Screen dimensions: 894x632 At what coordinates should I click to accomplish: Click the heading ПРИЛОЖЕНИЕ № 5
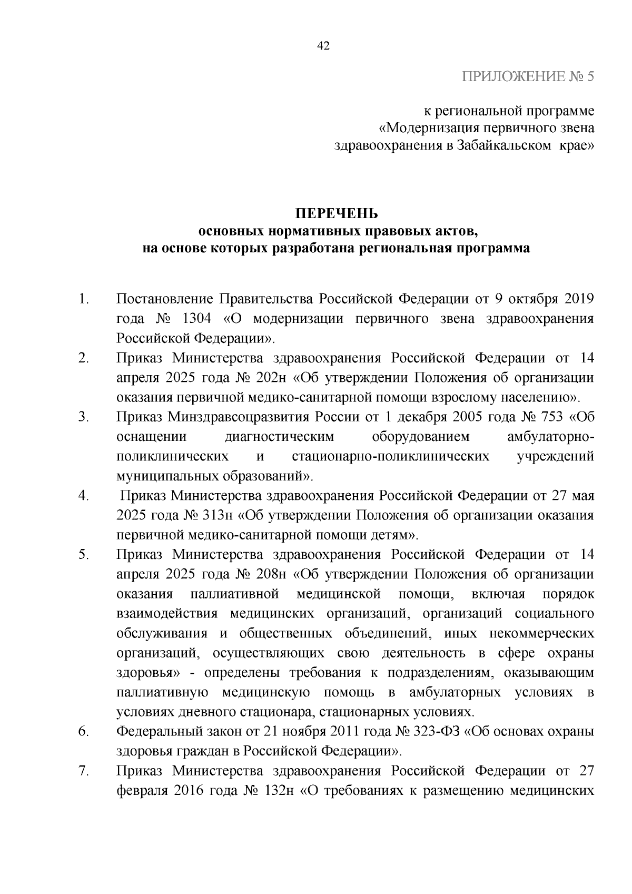528,77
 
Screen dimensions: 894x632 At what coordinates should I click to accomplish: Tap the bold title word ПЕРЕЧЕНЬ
336,213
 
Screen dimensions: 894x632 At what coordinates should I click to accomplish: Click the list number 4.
83,496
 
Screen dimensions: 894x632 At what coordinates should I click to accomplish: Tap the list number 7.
83,771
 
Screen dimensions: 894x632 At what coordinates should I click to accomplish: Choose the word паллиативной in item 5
234,594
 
